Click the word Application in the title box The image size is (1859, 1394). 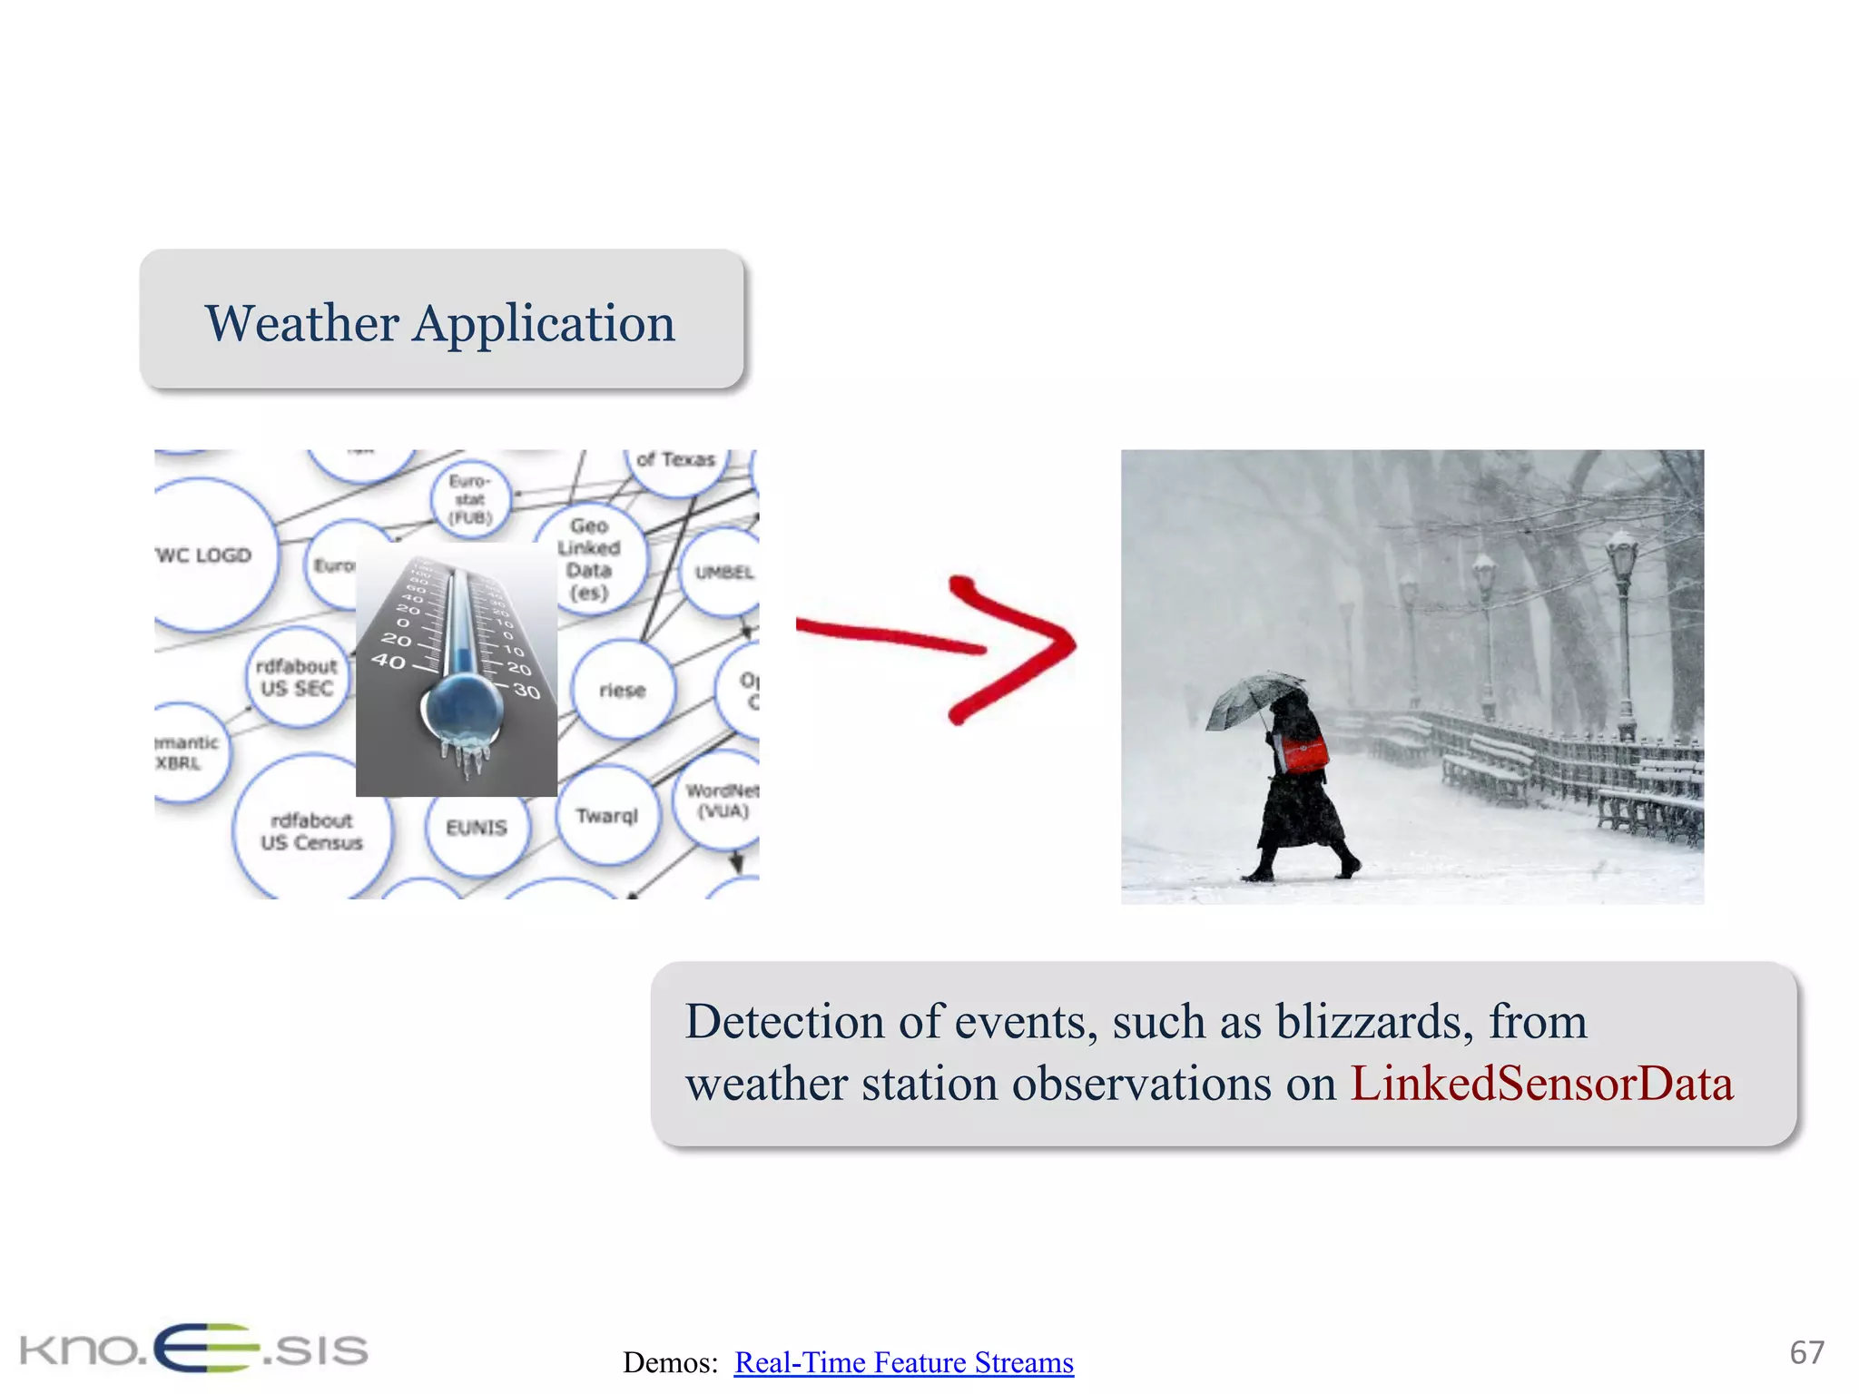pos(544,324)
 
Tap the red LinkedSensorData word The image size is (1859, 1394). pos(1541,1084)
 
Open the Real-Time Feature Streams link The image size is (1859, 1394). pos(903,1362)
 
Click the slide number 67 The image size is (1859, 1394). pos(1805,1352)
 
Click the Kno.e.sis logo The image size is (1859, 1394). pos(193,1349)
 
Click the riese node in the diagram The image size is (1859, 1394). pos(623,691)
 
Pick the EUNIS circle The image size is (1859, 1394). pos(477,828)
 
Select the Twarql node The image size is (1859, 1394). pos(606,815)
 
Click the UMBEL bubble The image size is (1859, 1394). pos(723,572)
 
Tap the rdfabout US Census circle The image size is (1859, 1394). pos(311,831)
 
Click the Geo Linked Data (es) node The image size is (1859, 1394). pos(589,559)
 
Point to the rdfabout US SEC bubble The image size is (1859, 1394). pos(297,677)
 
